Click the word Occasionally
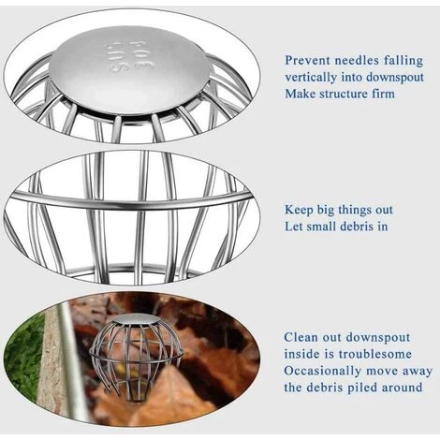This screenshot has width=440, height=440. tap(323, 372)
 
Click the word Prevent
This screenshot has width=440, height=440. tap(307, 60)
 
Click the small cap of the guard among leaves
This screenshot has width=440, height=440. tap(138, 319)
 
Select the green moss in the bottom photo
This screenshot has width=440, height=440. tap(24, 354)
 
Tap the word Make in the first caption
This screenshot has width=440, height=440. tap(300, 94)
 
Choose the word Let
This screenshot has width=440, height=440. tap(294, 227)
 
